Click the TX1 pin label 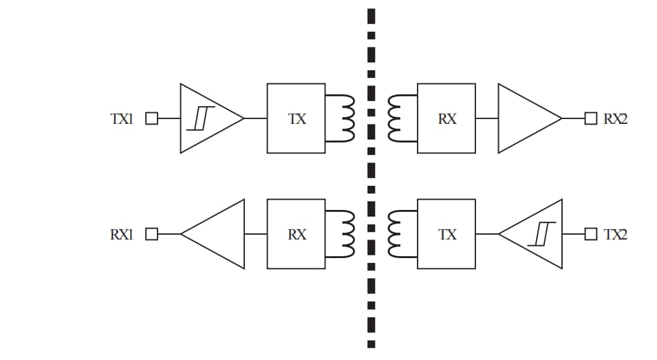(121, 118)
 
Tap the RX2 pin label (616, 118)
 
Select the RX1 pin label (121, 234)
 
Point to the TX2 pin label (616, 234)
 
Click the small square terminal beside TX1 (151, 118)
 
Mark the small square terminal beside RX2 (590, 118)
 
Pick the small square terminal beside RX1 (151, 234)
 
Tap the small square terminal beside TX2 (590, 234)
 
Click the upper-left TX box (296, 118)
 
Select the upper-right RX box (446, 118)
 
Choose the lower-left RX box (296, 234)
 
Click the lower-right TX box (446, 234)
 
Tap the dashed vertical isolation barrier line (371, 179)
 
